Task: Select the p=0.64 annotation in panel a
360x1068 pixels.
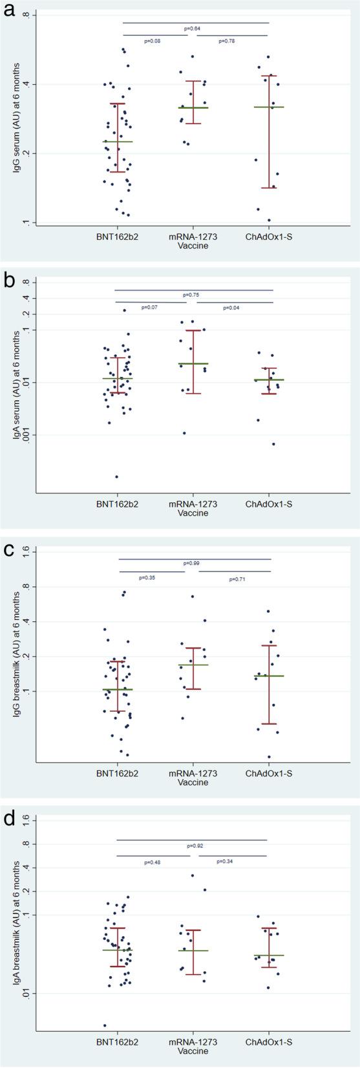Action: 192,28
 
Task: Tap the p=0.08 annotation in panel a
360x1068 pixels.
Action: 151,41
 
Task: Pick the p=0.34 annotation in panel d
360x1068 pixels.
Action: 224,861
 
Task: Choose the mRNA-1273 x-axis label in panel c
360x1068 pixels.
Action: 193,773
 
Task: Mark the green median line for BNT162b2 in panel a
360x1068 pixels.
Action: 118,142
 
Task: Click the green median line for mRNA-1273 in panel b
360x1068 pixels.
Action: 193,364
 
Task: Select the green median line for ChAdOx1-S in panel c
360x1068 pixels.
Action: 269,676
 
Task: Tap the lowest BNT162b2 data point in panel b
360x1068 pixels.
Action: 117,476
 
